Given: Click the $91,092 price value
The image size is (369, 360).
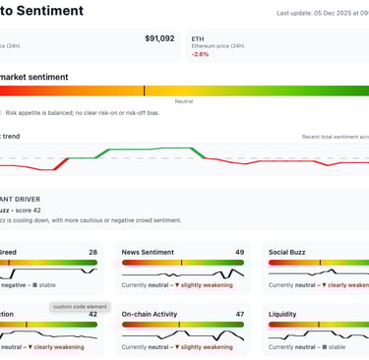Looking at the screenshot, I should coord(159,38).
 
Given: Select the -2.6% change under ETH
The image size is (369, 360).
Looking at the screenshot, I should coord(200,54).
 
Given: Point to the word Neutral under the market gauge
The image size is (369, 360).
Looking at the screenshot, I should coord(183,100).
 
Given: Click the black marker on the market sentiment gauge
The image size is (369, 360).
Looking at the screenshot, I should coord(144,90).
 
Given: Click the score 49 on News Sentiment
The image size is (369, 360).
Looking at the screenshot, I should coord(239,252).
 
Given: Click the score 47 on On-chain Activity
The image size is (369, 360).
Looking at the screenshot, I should coord(239,315).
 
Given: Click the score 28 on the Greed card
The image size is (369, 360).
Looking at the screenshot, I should coord(92,252).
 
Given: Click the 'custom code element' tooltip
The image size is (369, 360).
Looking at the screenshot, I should coord(76,306).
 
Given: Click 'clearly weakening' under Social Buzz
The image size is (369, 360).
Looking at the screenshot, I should coord(347,284).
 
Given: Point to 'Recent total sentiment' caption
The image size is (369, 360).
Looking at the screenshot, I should coord(335,137).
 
